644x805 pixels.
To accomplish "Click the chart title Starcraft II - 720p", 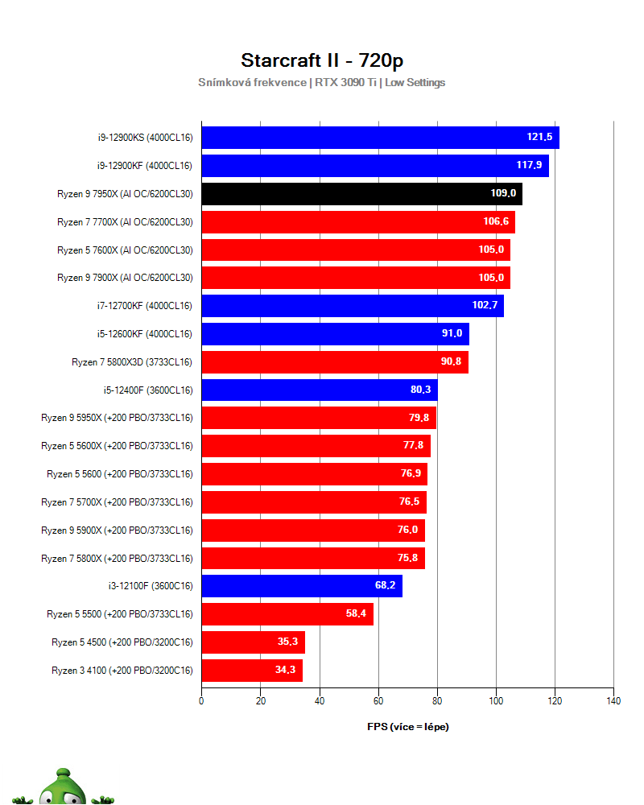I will click(321, 61).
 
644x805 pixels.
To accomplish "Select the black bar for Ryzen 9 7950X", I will click(361, 194).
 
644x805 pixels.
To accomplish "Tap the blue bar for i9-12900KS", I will click(380, 138).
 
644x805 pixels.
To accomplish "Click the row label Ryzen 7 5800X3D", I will click(132, 362).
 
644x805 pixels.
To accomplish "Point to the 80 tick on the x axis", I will click(437, 701).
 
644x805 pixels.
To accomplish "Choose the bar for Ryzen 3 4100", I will click(251, 671).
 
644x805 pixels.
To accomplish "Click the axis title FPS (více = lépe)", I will click(407, 727).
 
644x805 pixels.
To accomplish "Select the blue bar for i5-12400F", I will click(319, 390).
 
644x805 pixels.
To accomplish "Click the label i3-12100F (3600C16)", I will click(150, 586).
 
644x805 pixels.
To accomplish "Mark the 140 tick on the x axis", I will click(613, 701).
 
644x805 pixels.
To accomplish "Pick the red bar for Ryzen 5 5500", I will click(287, 614).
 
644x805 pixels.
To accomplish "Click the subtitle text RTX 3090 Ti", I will click(345, 82).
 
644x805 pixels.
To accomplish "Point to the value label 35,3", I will click(288, 642).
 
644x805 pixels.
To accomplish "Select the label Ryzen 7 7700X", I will click(125, 222).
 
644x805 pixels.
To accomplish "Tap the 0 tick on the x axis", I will click(201, 701).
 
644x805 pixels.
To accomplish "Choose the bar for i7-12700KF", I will click(352, 306).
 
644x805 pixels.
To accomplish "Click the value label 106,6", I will click(495, 222).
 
